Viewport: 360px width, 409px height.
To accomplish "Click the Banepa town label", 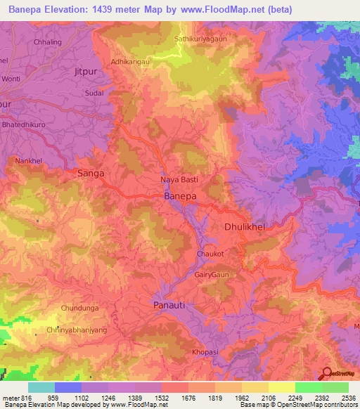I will [179, 197].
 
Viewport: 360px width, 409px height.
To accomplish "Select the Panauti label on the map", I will [171, 306].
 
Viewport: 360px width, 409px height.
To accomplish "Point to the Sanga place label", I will [91, 173].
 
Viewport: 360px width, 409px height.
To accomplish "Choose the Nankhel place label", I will [29, 161].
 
